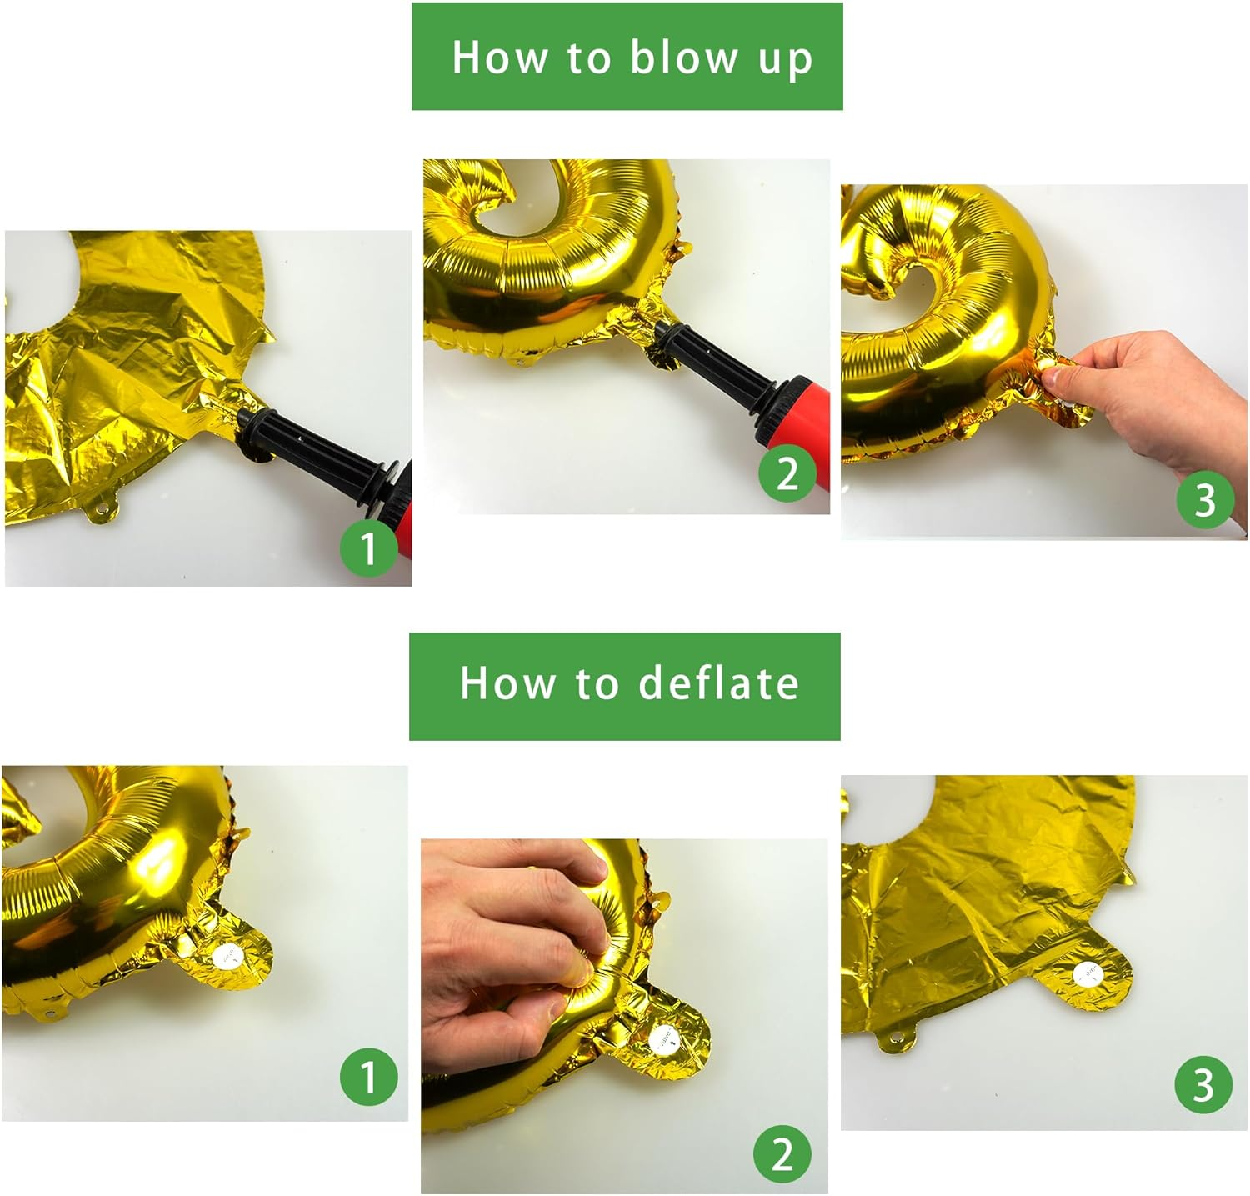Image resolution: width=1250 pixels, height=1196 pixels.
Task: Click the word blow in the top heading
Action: pyautogui.click(x=684, y=57)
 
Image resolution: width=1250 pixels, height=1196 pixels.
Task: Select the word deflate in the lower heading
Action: pyautogui.click(x=718, y=683)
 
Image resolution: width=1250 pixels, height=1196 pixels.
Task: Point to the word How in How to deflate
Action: pyautogui.click(x=507, y=683)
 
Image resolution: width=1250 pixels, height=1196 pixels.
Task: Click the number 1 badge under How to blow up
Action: pyautogui.click(x=369, y=548)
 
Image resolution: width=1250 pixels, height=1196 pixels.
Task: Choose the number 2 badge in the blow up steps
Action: pyautogui.click(x=787, y=473)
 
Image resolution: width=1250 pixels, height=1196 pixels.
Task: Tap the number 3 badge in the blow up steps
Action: pyautogui.click(x=1205, y=500)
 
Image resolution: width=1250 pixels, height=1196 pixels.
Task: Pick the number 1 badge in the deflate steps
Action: pyautogui.click(x=368, y=1077)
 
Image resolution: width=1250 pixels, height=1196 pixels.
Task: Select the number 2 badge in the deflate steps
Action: pyautogui.click(x=782, y=1153)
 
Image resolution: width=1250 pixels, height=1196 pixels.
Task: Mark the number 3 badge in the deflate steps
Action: pyautogui.click(x=1203, y=1084)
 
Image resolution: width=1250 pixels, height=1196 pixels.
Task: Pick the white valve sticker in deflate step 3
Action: pyautogui.click(x=1086, y=973)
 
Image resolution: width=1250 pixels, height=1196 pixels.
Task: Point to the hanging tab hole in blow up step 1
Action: pyautogui.click(x=102, y=507)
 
